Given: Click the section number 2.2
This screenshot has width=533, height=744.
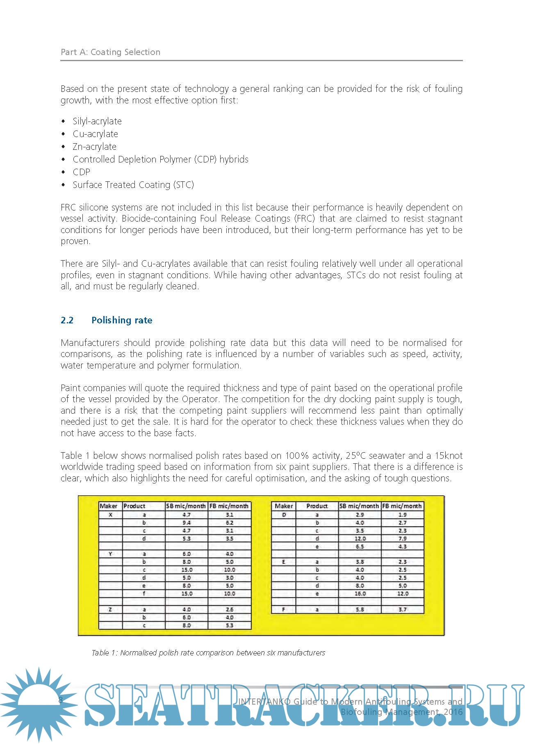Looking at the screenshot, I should [67, 320].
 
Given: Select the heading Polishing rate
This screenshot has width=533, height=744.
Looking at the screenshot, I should [122, 320].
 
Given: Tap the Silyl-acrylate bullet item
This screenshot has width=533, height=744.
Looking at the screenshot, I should [97, 121].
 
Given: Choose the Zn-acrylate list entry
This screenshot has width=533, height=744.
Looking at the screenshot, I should [94, 147].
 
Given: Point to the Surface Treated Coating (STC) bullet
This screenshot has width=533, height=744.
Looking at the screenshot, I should [133, 185].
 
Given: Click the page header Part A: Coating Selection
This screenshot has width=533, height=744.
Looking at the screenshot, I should [110, 52].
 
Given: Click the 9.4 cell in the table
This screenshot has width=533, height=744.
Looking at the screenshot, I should [187, 523].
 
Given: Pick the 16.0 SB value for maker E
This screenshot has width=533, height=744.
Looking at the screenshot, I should [360, 594].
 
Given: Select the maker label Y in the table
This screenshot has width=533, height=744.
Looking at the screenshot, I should [110, 554].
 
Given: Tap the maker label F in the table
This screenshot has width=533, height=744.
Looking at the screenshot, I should [283, 610].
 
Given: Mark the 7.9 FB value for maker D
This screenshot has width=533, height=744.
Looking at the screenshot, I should [403, 538].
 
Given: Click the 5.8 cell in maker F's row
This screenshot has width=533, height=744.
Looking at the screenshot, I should [360, 610].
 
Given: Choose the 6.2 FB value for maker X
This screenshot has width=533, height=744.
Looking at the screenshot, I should [230, 523].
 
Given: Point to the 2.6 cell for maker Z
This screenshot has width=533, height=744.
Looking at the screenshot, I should [230, 610].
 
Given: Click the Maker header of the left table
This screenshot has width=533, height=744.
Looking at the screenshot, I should [109, 506].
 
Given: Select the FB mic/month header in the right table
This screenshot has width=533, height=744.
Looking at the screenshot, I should [402, 506].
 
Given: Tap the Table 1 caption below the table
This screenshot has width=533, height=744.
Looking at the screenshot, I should [208, 653].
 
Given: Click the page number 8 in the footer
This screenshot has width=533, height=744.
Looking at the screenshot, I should [61, 700].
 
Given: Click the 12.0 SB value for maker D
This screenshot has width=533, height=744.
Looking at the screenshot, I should [360, 538].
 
